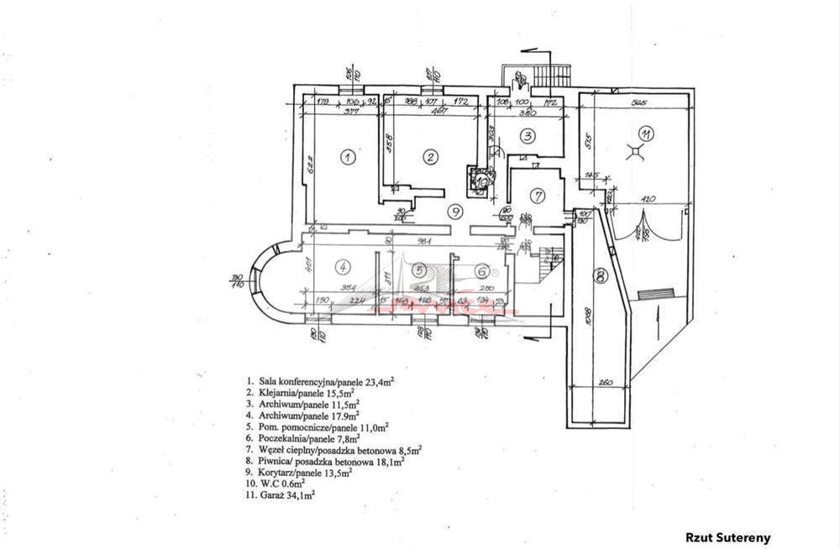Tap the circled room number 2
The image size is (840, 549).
click(x=429, y=156)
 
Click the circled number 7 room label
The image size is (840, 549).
click(x=538, y=196)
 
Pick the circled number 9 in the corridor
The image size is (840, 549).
click(x=454, y=211)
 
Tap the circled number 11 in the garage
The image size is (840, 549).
click(x=644, y=133)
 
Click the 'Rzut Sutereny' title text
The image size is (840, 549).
click(x=727, y=538)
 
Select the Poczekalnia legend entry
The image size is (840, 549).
click(x=302, y=437)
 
